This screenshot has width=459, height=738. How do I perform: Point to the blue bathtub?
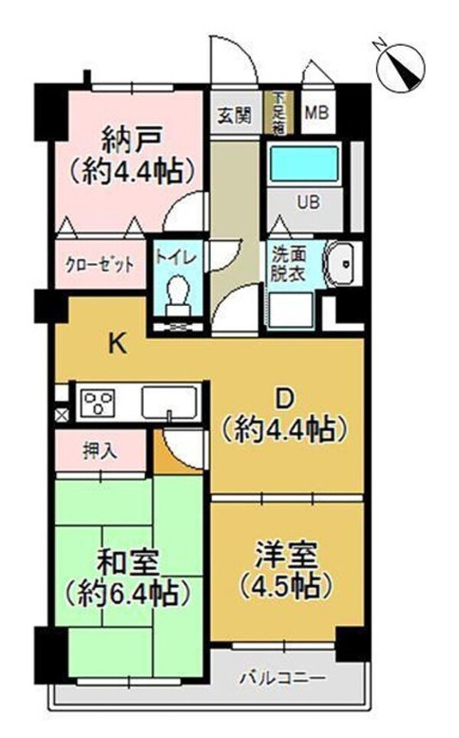click(303, 164)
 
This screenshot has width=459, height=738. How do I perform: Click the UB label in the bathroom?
click(308, 203)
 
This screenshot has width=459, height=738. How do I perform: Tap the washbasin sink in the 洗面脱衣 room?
click(341, 264)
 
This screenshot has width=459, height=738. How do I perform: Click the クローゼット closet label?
click(99, 265)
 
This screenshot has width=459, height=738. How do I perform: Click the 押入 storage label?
click(99, 451)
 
